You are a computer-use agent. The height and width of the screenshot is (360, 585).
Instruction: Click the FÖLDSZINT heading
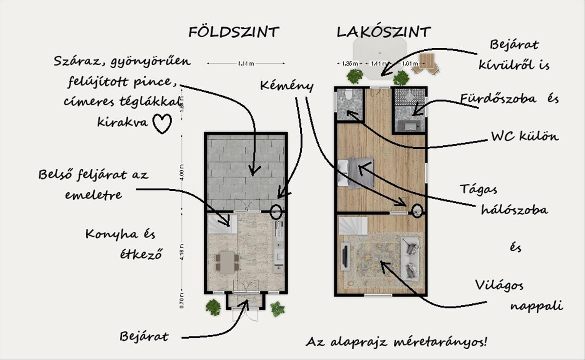pos(234,32)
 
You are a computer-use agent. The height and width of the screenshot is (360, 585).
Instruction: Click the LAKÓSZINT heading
pos(384,32)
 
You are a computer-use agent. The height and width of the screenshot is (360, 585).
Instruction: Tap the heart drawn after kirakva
pos(162,123)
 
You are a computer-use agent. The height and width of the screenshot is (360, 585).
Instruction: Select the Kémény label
pos(286,86)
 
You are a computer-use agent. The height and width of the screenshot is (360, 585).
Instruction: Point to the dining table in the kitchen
pos(227,262)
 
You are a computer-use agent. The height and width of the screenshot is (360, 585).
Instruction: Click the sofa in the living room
pos(410,257)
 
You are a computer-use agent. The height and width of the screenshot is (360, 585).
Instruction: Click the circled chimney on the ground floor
pos(276,212)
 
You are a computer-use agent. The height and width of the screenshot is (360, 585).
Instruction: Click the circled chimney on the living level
pos(417,211)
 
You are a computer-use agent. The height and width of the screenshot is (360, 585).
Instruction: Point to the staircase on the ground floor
pos(222,224)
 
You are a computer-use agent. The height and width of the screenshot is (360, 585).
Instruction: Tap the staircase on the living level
pos(353,226)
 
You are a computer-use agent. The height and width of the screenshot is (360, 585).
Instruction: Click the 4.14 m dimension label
pos(246,63)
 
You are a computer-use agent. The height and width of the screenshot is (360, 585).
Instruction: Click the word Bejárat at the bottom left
pos(144,337)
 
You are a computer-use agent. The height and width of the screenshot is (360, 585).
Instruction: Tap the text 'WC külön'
pos(524,137)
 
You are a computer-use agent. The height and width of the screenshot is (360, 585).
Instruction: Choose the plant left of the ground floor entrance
pos(213,307)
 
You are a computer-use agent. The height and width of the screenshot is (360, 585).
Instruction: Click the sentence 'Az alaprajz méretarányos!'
pos(396,341)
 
